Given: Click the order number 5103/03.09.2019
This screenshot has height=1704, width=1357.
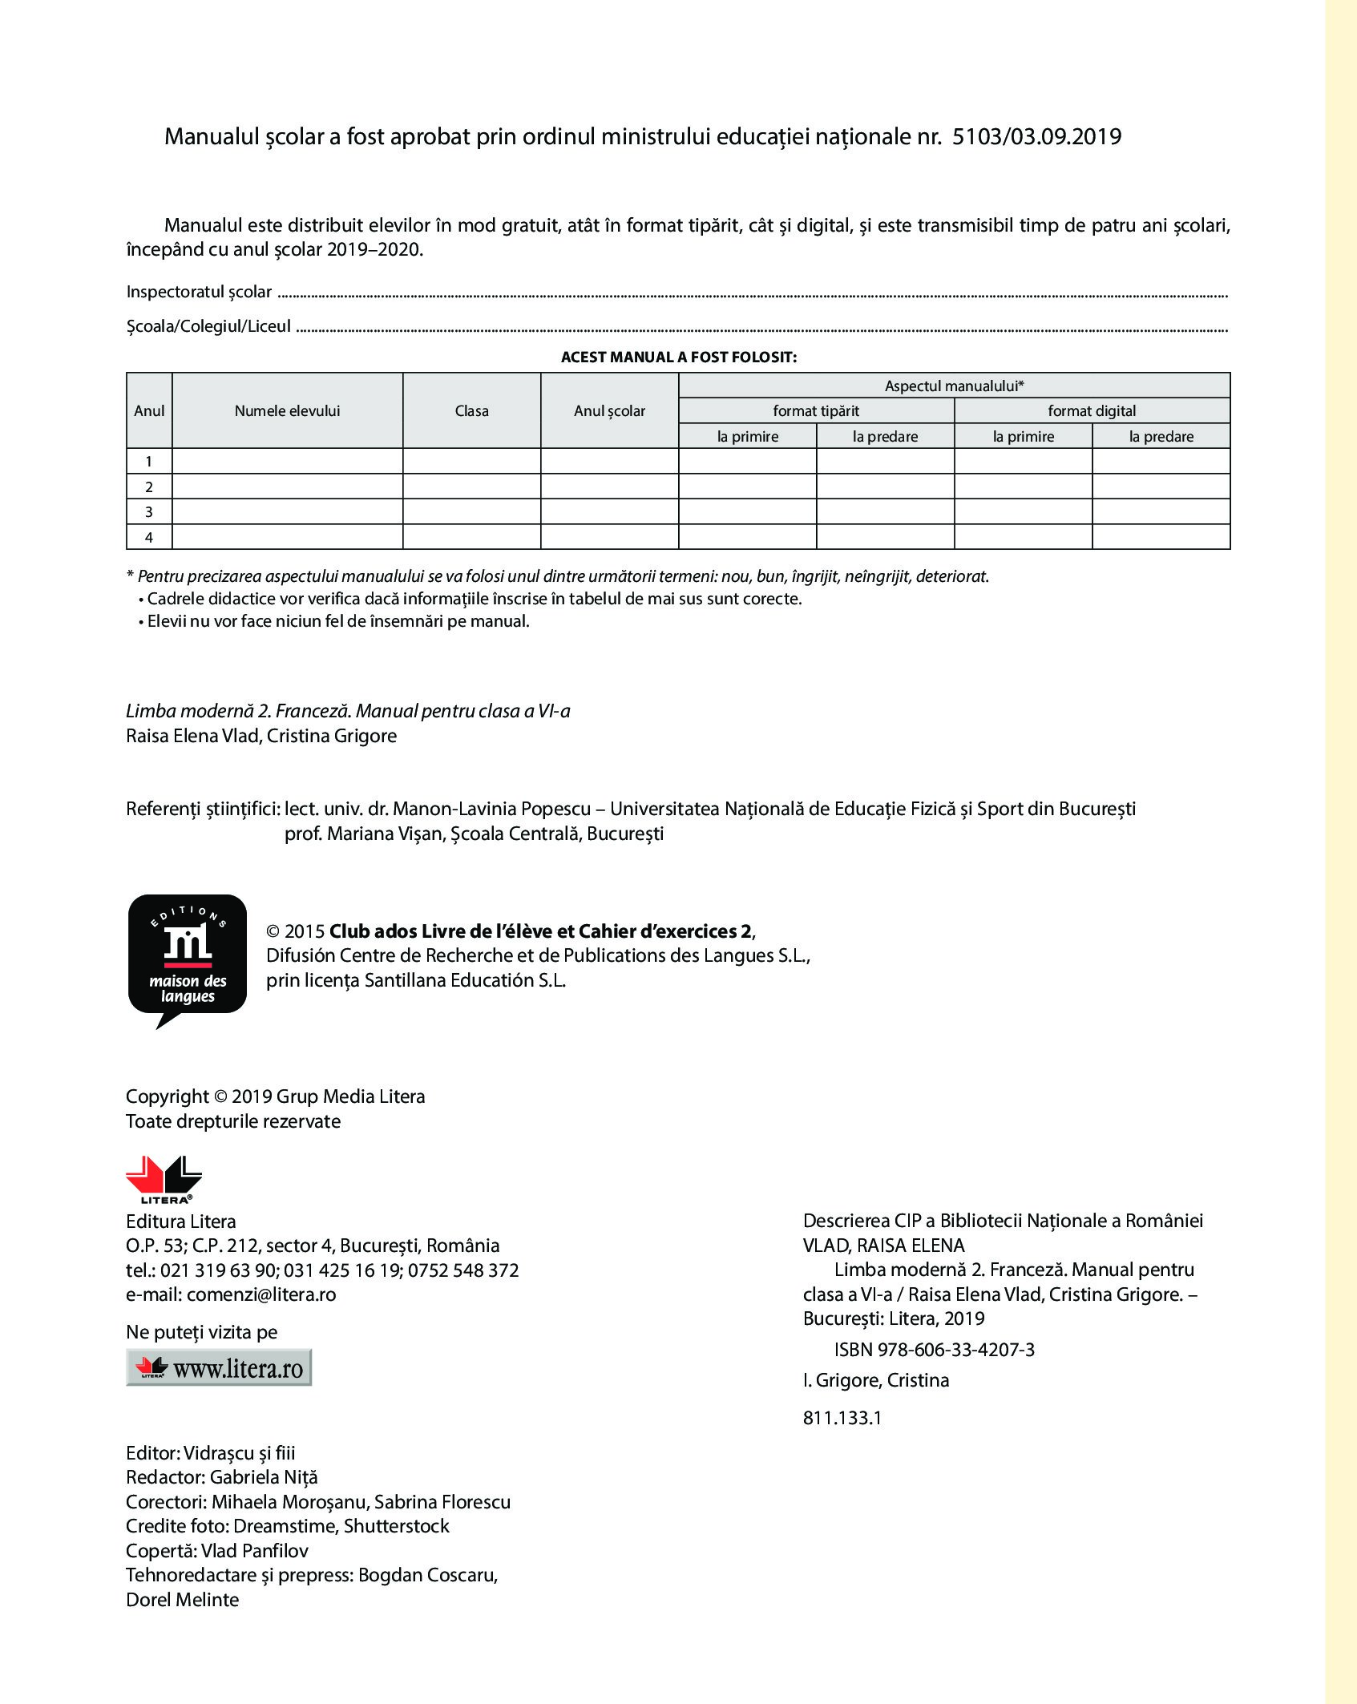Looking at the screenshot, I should tap(1038, 137).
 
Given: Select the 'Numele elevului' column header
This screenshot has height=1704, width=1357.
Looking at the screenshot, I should tap(287, 410).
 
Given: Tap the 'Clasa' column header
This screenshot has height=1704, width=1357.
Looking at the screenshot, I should tap(471, 410).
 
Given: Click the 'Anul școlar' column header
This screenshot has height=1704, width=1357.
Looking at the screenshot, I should tap(609, 410).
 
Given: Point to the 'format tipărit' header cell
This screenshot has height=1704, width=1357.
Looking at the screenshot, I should tap(816, 410).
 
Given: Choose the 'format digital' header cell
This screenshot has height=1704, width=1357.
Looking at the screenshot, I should tap(1092, 410).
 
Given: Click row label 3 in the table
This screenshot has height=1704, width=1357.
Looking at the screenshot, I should tap(149, 511).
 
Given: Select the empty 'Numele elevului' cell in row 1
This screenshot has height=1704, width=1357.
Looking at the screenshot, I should tap(287, 461).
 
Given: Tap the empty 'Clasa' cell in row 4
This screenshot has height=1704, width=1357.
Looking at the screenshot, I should tap(471, 537).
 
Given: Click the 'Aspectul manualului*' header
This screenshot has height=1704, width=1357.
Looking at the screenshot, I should tap(954, 386).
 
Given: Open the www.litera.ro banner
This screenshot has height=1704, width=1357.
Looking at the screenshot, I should tap(219, 1368).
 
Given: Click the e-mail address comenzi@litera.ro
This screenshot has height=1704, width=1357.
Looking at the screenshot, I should tap(260, 1294).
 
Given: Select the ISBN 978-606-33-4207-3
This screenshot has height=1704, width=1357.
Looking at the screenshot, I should tap(935, 1350).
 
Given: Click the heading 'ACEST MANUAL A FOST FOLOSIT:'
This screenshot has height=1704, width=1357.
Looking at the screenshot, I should tap(678, 357).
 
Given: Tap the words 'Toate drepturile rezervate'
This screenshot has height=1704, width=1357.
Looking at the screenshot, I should tap(233, 1121).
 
